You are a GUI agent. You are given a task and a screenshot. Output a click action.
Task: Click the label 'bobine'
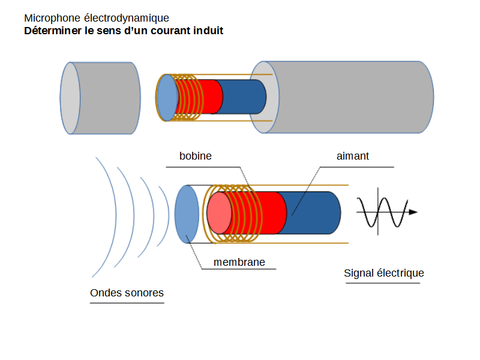196,156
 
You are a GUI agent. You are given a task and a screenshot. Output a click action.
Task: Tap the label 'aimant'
353,156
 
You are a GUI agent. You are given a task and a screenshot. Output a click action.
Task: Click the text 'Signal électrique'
384,274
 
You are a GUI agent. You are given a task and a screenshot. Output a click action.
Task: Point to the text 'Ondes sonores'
127,293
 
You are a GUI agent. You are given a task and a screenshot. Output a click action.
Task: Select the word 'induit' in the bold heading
206,31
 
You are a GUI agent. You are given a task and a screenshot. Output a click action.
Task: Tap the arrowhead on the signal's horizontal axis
413,212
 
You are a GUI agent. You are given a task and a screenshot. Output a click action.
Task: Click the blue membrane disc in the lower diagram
187,214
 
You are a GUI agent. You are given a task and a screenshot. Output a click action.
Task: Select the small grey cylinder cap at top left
108,98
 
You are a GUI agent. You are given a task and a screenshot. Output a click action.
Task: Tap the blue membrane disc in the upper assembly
167,98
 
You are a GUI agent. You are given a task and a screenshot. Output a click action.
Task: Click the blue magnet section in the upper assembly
243,97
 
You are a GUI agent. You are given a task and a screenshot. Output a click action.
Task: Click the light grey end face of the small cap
70,98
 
